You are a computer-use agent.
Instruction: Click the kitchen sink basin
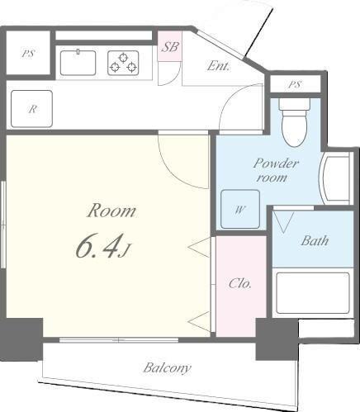click(x=78, y=63)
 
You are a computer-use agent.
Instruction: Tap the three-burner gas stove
click(x=123, y=63)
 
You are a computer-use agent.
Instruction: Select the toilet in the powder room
click(x=295, y=123)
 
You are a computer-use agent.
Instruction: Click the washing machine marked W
click(x=240, y=209)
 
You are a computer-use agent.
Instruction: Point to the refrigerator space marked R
click(x=31, y=109)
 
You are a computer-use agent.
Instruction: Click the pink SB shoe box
click(x=169, y=46)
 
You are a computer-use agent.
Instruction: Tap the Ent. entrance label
click(x=218, y=66)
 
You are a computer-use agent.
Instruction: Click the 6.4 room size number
click(x=98, y=248)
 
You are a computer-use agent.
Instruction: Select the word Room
click(x=111, y=211)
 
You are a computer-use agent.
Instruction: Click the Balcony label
click(x=167, y=368)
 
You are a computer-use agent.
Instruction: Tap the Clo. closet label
click(x=240, y=283)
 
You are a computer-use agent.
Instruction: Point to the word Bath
click(x=315, y=241)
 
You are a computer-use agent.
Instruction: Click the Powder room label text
click(x=276, y=170)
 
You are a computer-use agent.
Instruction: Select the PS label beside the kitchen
click(x=28, y=54)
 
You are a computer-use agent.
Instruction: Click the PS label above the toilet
click(x=295, y=84)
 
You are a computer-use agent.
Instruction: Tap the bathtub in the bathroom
click(x=313, y=293)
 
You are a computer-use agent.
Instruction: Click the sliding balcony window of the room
click(x=119, y=340)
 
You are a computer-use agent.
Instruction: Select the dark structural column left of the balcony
click(x=21, y=340)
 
